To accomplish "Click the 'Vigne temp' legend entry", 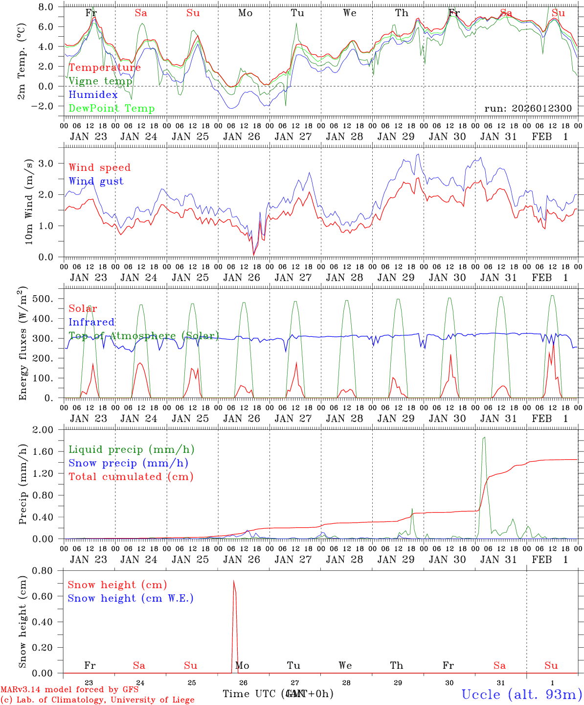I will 100,81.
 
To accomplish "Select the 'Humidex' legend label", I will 93,95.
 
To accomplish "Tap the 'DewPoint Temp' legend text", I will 112,109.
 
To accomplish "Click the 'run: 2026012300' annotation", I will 528,108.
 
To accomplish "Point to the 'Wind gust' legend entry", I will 96,181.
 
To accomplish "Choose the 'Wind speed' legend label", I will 100,167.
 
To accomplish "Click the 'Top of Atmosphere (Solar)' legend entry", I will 144,336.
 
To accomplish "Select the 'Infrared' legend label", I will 91,322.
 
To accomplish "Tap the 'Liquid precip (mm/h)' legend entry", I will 132,449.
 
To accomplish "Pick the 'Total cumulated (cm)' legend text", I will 131,476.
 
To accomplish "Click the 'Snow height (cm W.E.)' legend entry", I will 131,598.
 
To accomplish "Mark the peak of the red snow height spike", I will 234,581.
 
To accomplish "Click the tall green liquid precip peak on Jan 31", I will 484,438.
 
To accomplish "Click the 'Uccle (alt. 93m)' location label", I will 521,694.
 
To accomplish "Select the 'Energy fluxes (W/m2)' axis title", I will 23,343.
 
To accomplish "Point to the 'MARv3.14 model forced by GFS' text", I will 69,690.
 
